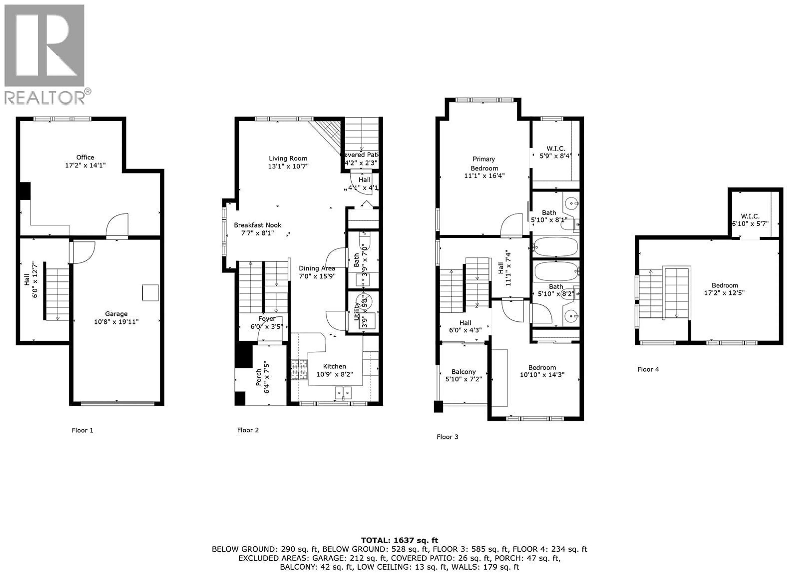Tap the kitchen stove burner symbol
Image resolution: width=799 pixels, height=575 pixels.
pos(299,370)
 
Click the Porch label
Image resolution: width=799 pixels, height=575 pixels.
pos(259,377)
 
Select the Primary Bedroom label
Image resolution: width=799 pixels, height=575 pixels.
pos(484,164)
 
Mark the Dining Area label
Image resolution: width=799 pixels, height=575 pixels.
pos(317,269)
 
